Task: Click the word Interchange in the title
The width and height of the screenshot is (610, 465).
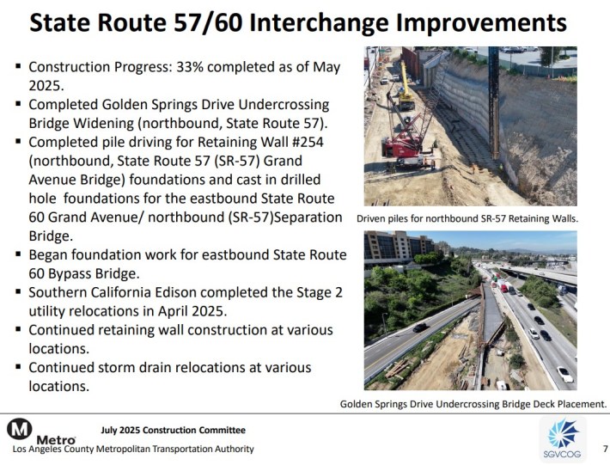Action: tap(319, 22)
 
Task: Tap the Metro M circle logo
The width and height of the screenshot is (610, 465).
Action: tap(20, 429)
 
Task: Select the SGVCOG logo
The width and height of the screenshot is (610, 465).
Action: tap(563, 439)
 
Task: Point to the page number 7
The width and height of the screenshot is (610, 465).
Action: tap(605, 449)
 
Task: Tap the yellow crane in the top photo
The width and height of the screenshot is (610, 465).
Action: tap(406, 87)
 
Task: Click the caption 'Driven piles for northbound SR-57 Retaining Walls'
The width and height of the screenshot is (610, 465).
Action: tap(467, 218)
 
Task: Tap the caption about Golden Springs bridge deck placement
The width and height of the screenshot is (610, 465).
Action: tap(473, 404)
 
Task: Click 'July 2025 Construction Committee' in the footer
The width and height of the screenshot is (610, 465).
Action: tap(173, 430)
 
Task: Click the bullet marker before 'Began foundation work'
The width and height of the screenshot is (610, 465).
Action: tap(18, 254)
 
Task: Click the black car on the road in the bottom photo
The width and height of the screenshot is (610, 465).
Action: tap(419, 327)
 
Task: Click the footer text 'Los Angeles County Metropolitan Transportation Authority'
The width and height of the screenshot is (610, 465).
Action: tap(133, 449)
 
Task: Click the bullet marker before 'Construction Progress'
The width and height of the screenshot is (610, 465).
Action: tap(18, 66)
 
